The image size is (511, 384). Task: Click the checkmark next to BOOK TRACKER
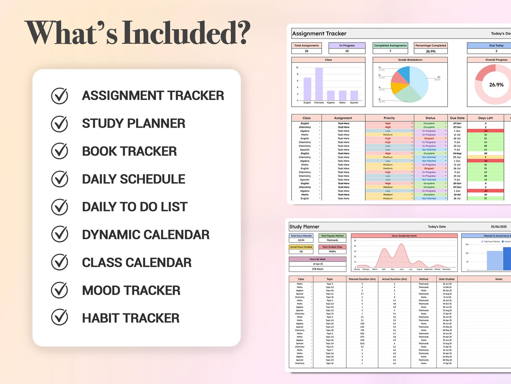pyautogui.click(x=60, y=151)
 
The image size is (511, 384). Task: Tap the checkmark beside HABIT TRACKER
pyautogui.click(x=60, y=318)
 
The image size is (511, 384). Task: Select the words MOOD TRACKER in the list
pyautogui.click(x=131, y=290)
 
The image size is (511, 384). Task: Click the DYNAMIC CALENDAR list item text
pyautogui.click(x=145, y=235)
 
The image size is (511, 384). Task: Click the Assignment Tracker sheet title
pyautogui.click(x=319, y=34)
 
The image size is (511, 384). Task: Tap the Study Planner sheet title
pyautogui.click(x=304, y=227)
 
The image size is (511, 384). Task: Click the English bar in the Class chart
pyautogui.click(x=307, y=89)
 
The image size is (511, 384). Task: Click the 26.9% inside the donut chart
pyautogui.click(x=496, y=85)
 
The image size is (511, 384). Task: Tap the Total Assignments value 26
pyautogui.click(x=306, y=51)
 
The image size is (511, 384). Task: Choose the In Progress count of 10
pyautogui.click(x=347, y=51)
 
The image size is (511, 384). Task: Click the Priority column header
pyautogui.click(x=389, y=118)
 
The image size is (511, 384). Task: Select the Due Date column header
pyautogui.click(x=457, y=118)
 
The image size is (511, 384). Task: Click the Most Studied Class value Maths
pyautogui.click(x=332, y=251)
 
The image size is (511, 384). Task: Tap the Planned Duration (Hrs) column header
pyautogui.click(x=362, y=279)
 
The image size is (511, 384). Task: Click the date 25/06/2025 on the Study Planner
pyautogui.click(x=499, y=227)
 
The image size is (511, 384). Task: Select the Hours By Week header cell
pyautogui.click(x=318, y=259)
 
